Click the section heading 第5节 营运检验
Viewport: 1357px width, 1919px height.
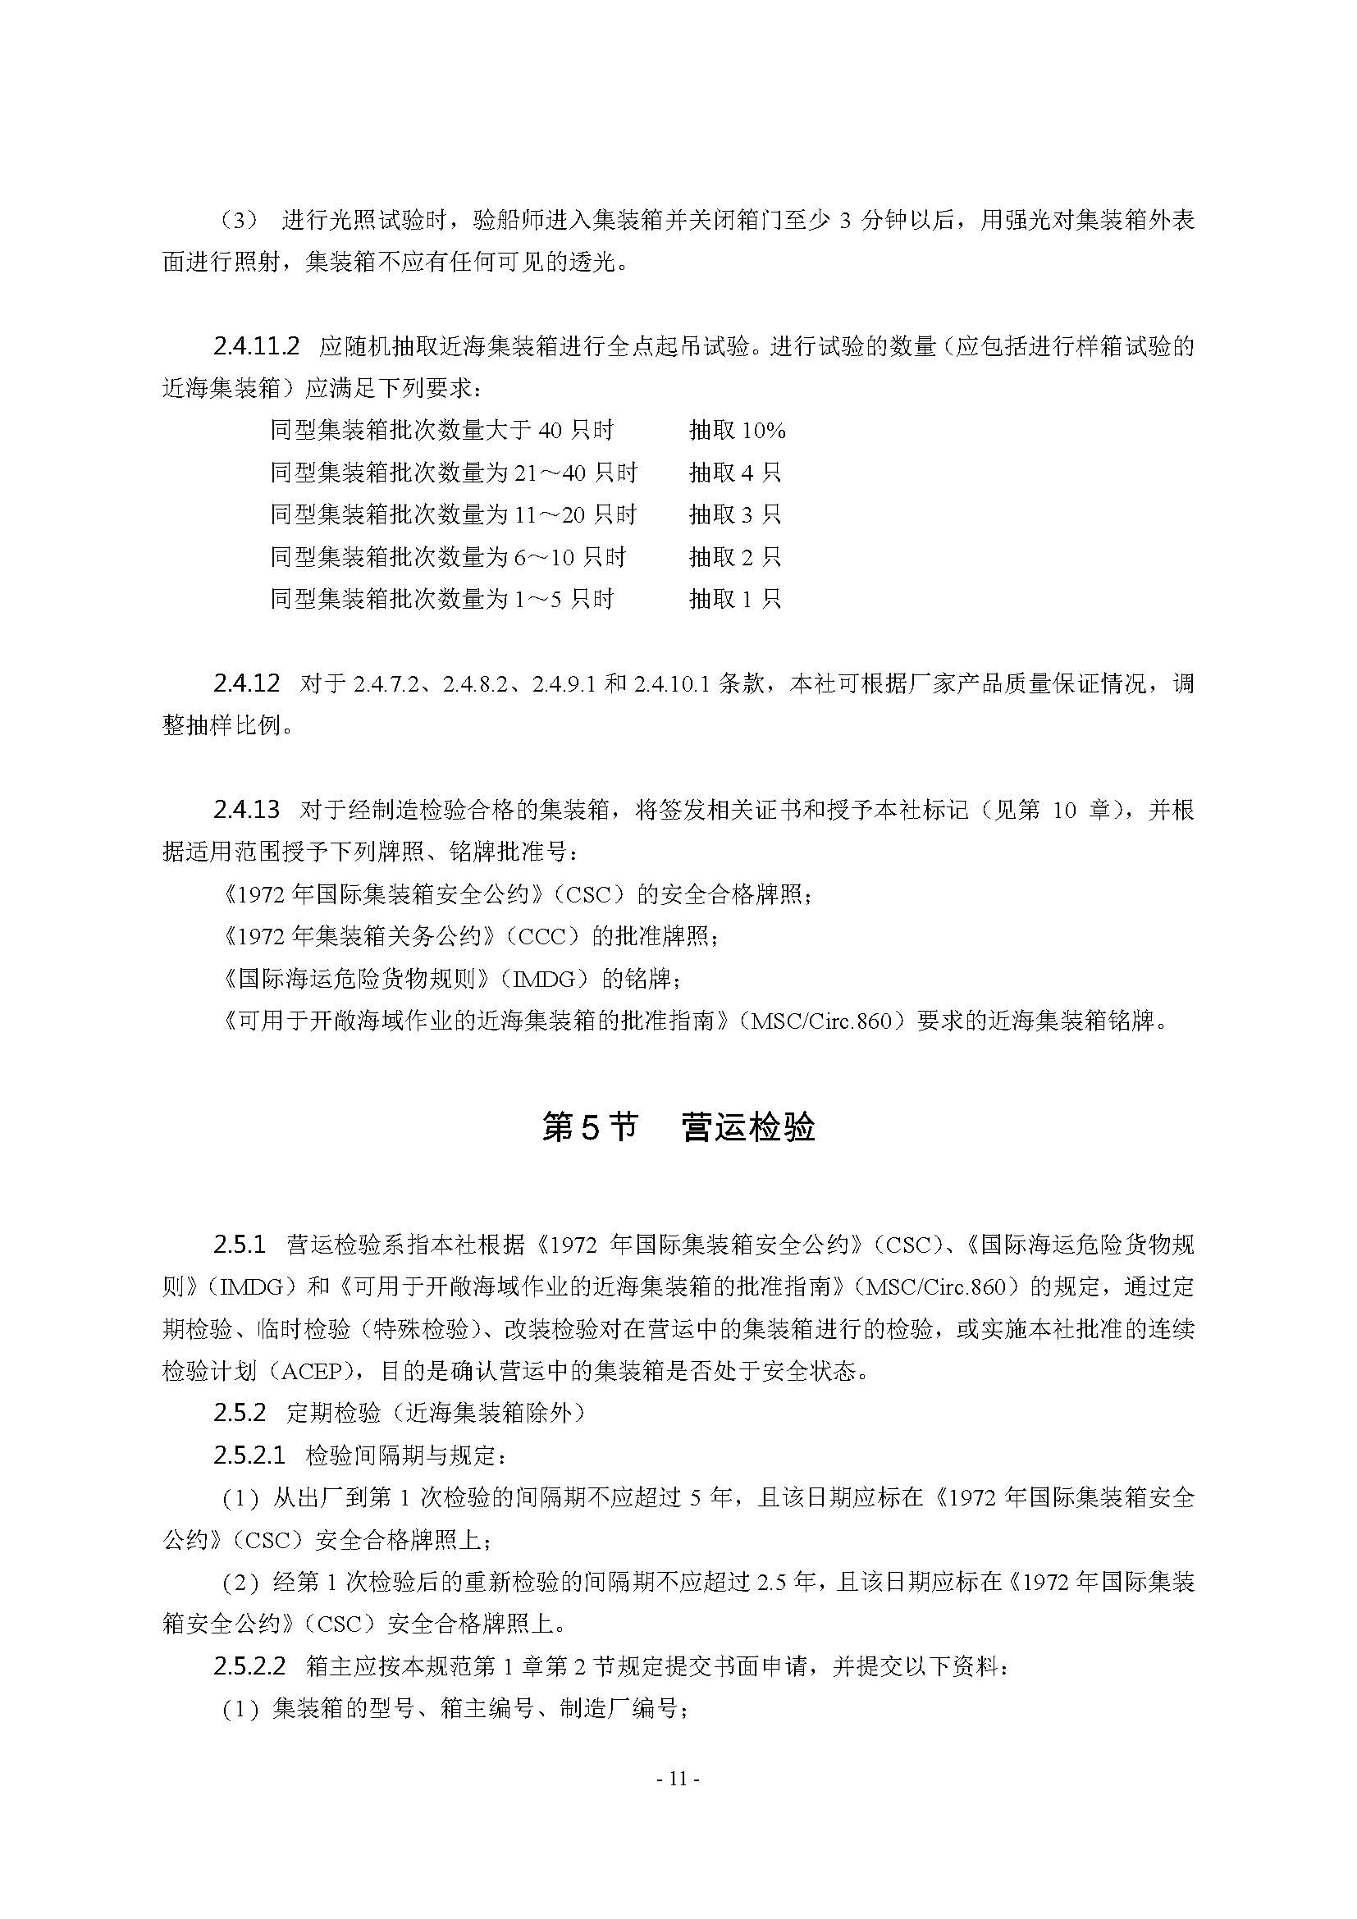pos(678,1126)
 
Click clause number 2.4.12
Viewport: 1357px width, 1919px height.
pos(246,683)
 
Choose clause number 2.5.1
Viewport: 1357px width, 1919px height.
pos(239,1245)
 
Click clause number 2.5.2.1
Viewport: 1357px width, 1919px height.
pos(249,1455)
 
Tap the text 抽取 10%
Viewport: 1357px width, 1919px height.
pos(737,431)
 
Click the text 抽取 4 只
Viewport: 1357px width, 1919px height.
pos(734,473)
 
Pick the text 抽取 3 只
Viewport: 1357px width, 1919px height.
pos(734,515)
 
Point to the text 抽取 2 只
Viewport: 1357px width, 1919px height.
pos(734,556)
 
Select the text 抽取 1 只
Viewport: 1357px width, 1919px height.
pos(734,598)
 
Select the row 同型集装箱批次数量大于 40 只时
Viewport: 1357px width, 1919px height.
pos(442,431)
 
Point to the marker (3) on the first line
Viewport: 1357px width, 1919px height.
pos(240,220)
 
